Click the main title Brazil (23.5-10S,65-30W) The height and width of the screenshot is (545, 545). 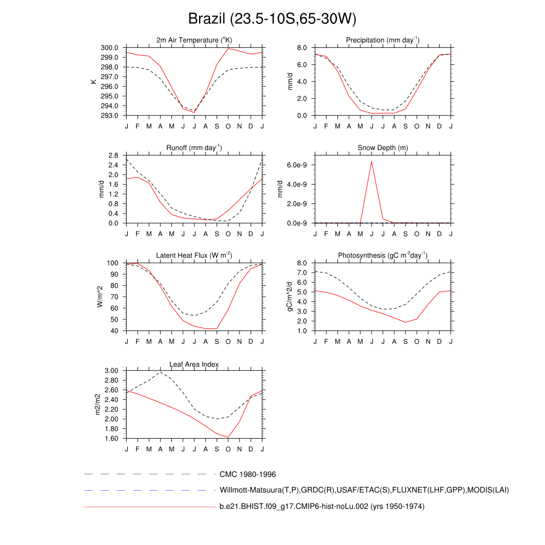[x=272, y=19]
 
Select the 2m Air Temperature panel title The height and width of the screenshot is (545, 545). [x=194, y=40]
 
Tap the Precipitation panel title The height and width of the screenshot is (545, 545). [x=383, y=40]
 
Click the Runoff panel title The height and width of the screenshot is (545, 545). [x=194, y=147]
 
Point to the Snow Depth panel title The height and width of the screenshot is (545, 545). [x=383, y=148]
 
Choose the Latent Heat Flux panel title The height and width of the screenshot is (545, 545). [x=194, y=255]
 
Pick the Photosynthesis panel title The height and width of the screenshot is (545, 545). [x=383, y=255]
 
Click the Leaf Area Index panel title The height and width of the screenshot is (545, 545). [x=194, y=364]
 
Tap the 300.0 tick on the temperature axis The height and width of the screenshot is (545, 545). [x=111, y=48]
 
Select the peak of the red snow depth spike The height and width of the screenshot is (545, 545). [x=371, y=161]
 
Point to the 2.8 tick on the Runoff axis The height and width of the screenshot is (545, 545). [x=113, y=155]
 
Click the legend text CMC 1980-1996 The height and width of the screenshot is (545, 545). [x=247, y=474]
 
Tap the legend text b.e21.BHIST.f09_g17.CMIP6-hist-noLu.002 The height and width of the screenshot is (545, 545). [x=321, y=507]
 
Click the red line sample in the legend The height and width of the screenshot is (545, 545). [x=149, y=507]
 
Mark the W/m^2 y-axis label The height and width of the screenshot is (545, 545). [x=100, y=296]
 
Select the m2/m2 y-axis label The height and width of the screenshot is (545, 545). [x=98, y=404]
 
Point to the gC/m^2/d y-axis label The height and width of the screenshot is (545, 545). [x=291, y=296]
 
